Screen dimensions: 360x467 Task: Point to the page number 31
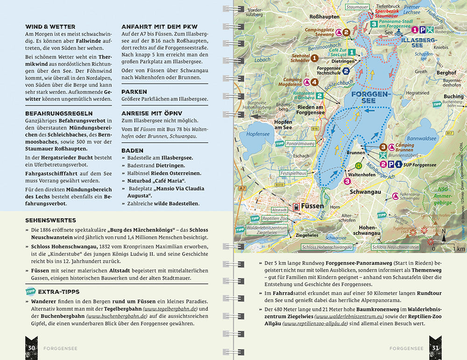point(435,348)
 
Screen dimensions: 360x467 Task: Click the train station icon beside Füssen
point(296,206)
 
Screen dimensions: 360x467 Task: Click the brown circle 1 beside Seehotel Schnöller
point(315,58)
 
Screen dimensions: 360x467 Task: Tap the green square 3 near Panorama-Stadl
point(374,24)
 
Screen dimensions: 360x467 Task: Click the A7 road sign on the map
point(241,188)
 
